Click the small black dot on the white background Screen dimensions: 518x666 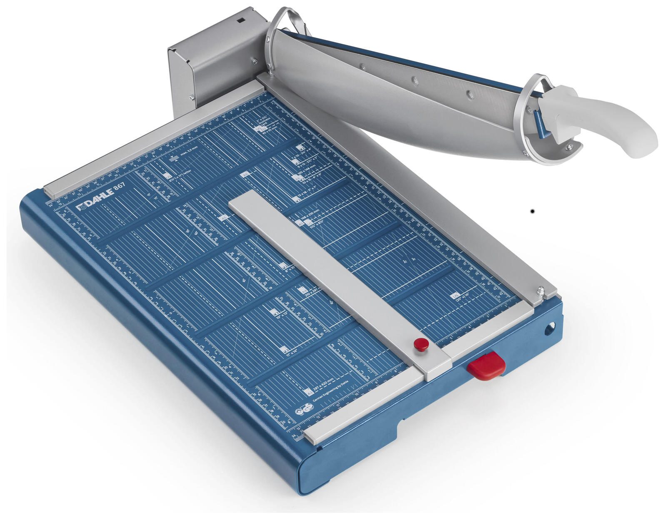click(x=533, y=212)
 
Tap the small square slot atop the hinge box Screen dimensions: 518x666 click(x=241, y=20)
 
